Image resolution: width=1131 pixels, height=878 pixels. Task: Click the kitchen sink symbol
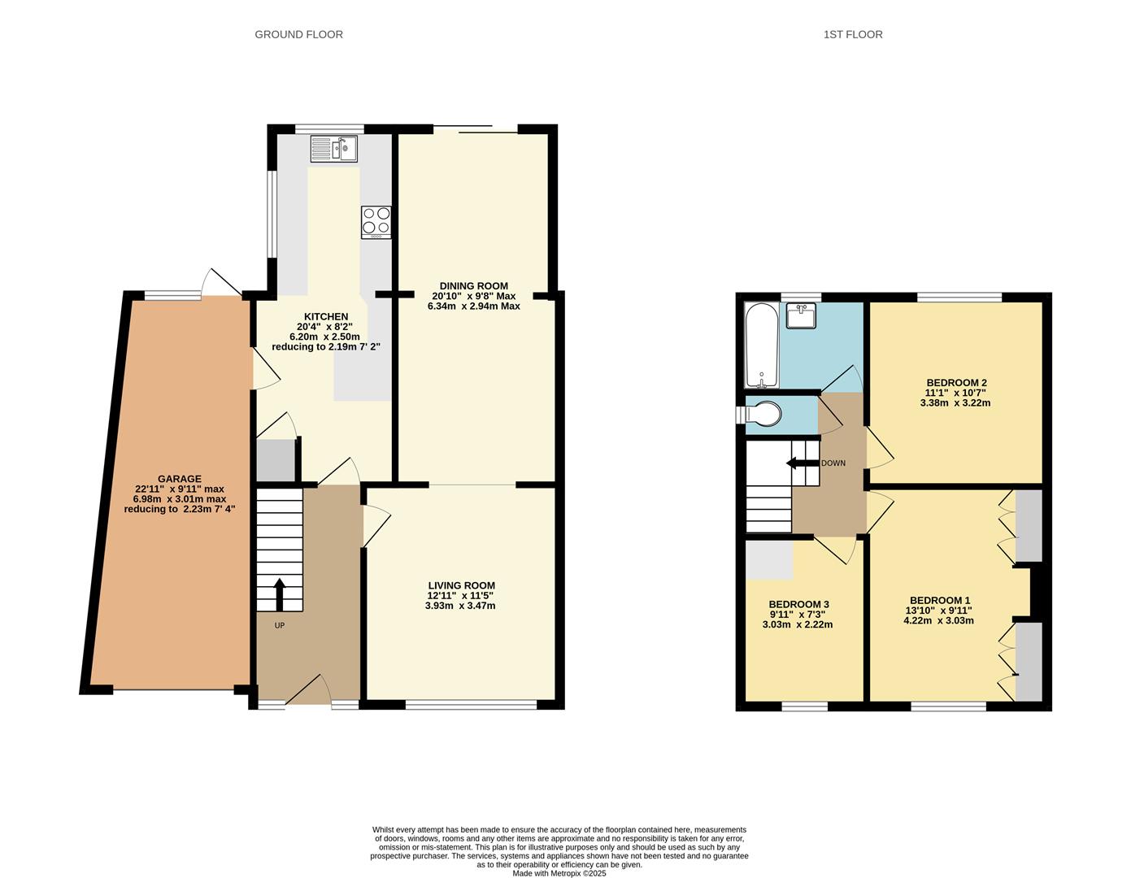(333, 149)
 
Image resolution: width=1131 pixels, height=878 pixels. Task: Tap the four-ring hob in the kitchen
(376, 222)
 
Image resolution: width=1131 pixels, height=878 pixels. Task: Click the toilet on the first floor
(764, 415)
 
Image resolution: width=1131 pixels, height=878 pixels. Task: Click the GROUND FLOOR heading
(298, 34)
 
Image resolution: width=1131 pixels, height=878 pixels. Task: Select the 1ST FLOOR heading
(853, 34)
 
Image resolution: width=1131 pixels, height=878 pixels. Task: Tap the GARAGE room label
(179, 479)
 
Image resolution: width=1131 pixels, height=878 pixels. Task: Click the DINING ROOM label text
(473, 286)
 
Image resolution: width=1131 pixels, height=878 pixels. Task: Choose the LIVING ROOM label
(461, 585)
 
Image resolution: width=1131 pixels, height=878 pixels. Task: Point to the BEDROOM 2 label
(956, 383)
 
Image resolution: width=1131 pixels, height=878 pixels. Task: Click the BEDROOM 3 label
(798, 604)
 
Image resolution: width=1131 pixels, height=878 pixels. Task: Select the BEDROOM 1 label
(939, 600)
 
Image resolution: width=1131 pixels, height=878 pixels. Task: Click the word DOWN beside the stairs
(833, 463)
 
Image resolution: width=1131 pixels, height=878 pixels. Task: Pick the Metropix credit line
(559, 873)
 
